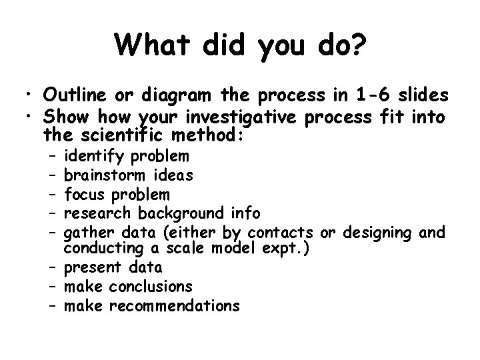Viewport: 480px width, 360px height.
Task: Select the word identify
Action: coord(93,157)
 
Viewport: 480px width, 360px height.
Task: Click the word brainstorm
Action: coord(106,175)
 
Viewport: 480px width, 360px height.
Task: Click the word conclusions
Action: coord(151,287)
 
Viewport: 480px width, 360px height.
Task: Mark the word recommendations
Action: coord(173,305)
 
